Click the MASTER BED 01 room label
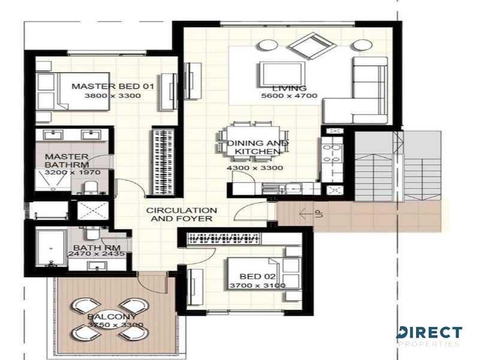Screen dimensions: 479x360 113,86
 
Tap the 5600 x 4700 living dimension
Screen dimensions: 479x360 290,96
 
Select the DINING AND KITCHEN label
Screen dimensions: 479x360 258,147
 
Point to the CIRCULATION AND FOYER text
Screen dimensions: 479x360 182,214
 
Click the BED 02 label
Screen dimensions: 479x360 258,277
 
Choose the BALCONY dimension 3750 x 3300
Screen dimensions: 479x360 116,325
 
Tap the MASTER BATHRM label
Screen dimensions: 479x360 67,161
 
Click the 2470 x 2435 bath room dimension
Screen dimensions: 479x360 97,254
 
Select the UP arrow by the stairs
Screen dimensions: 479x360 306,214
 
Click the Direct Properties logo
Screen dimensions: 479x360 429,336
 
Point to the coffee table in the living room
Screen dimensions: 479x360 282,74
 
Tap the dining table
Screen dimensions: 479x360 253,141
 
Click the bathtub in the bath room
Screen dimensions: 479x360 52,247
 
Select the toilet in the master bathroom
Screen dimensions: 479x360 91,187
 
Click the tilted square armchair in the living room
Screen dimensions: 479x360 312,46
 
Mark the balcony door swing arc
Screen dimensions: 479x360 152,284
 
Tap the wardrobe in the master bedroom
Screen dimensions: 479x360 163,161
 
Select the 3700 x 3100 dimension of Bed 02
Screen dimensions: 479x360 258,286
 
